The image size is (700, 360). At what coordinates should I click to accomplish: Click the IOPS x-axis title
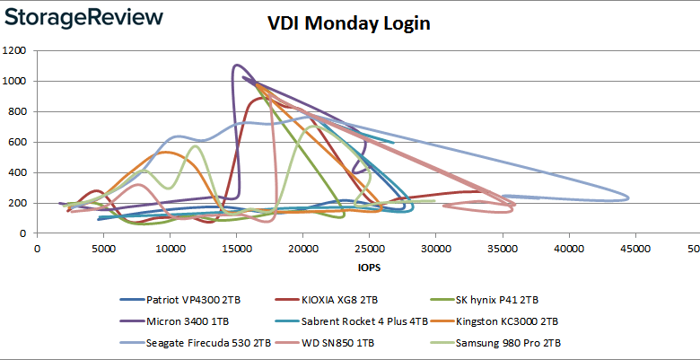point(368,267)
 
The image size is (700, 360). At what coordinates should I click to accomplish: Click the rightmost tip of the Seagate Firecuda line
point(628,198)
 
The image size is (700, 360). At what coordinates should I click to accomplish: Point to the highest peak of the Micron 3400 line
point(237,65)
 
